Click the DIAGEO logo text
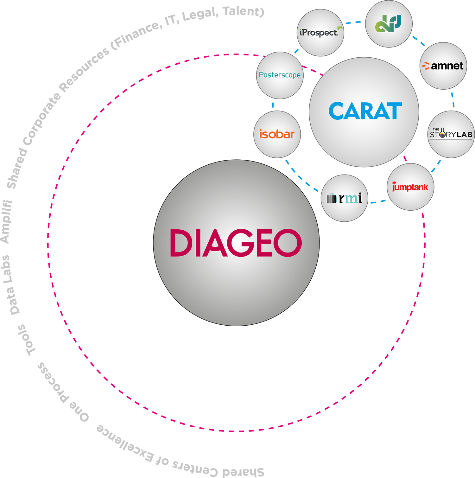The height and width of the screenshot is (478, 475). (236, 243)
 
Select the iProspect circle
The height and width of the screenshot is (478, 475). (320, 33)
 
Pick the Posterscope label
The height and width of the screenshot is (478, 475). (280, 75)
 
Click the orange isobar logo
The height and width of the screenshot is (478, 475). (277, 134)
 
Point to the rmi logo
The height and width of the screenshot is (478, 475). (345, 199)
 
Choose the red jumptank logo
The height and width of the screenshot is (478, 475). (410, 187)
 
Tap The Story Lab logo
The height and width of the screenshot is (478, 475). (451, 134)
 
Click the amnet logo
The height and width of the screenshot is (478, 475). (443, 66)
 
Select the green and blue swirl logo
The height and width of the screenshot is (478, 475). (388, 24)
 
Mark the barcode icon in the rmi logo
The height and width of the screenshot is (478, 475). (331, 198)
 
